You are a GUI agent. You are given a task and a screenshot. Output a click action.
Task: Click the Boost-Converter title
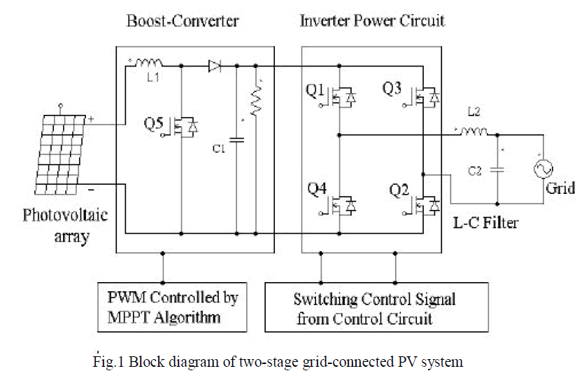coord(183,20)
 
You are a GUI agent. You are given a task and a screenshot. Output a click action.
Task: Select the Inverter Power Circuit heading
coord(372,20)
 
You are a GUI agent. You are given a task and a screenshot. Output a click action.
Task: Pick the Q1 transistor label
coord(316,92)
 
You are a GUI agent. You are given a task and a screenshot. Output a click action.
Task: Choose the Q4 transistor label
coord(316,189)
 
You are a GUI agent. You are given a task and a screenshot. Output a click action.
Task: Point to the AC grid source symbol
coord(542,169)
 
